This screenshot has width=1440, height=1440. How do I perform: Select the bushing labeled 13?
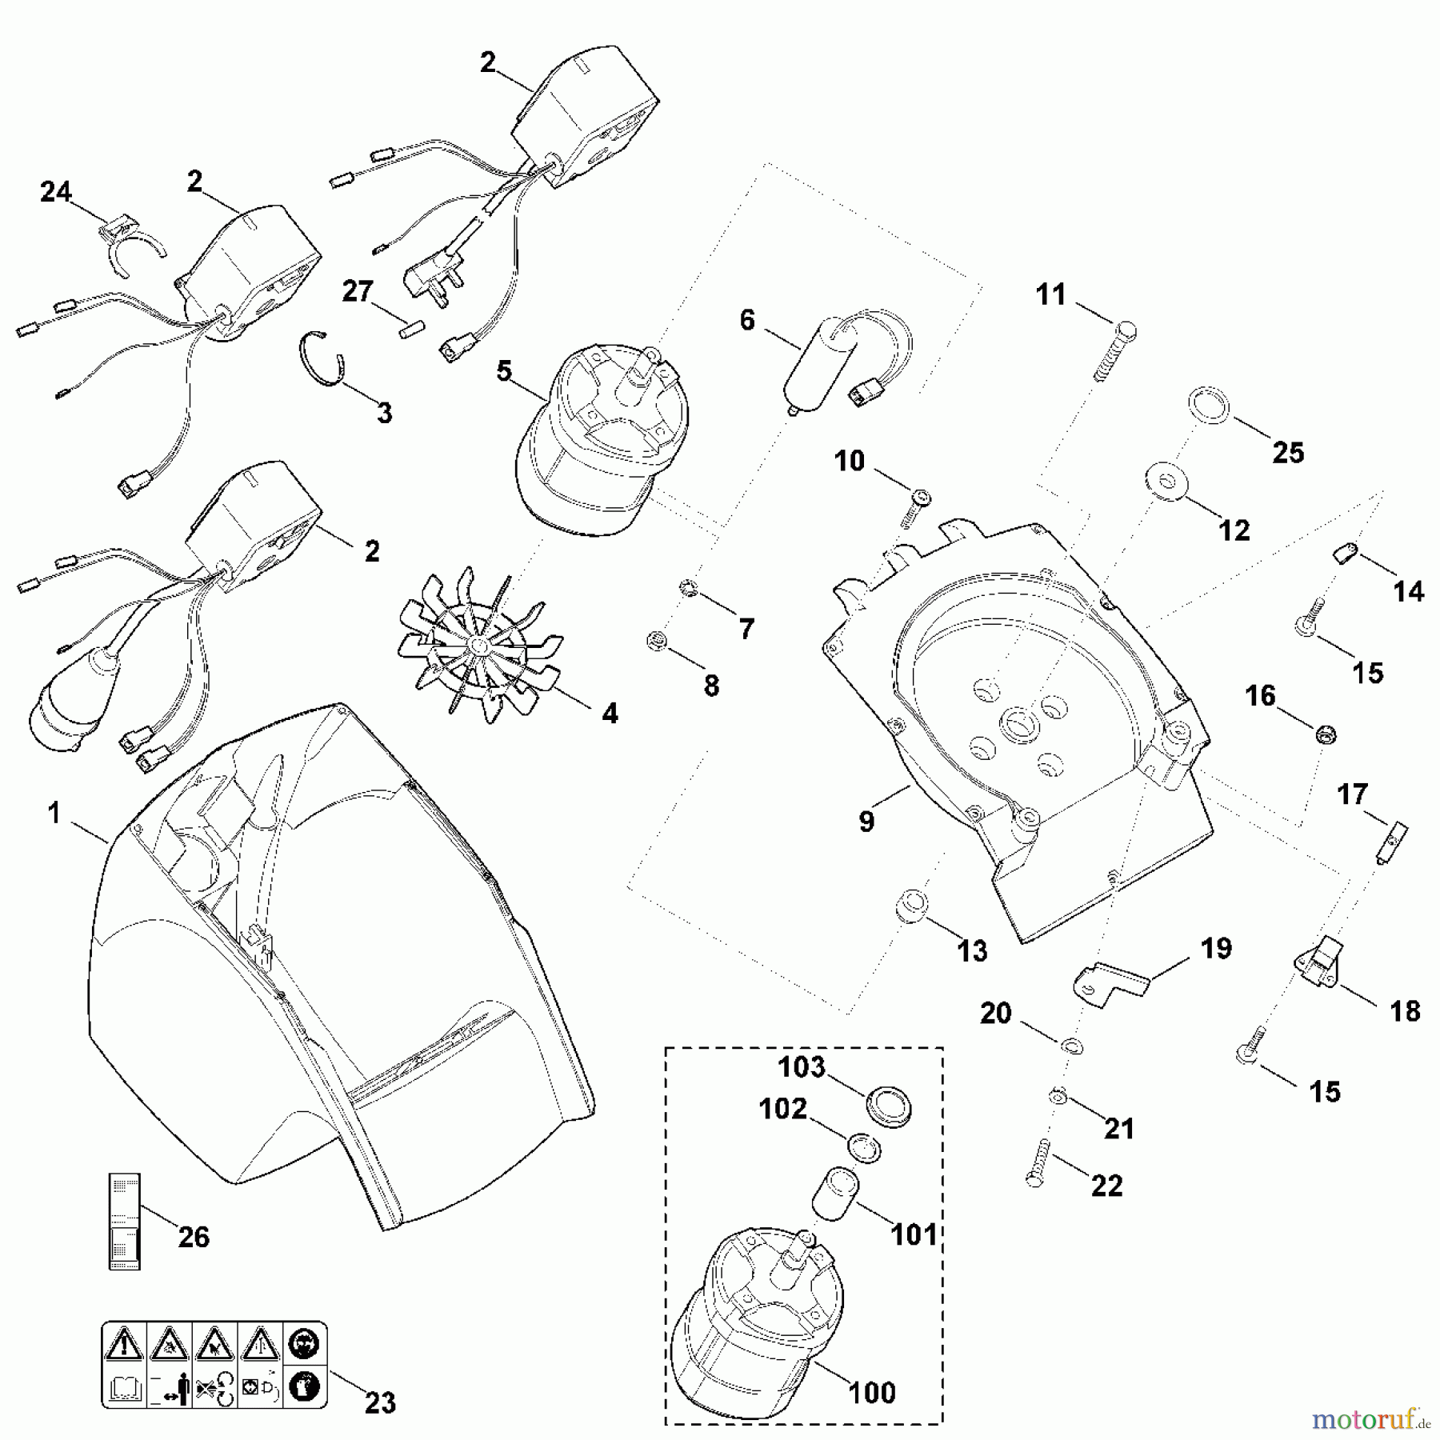point(911,904)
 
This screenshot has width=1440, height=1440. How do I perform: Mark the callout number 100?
point(872,1392)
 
